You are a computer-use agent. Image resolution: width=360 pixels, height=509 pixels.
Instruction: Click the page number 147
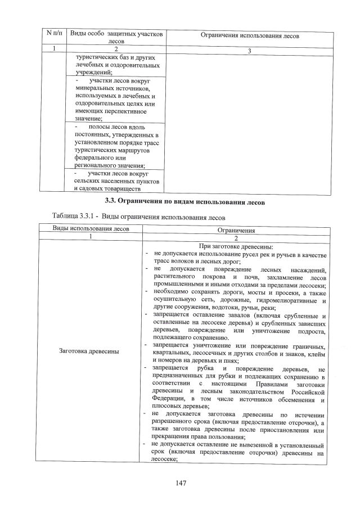point(180,483)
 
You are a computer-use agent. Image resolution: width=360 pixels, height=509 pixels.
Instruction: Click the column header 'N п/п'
point(53,35)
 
